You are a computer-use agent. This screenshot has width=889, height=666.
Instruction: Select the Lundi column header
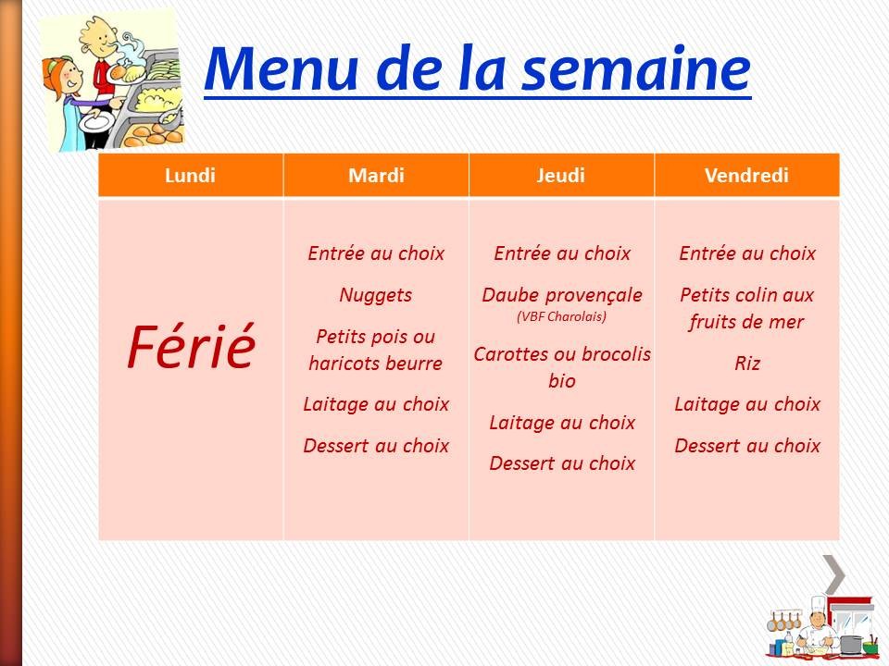tap(190, 176)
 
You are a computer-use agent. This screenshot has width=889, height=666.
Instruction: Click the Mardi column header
tap(376, 176)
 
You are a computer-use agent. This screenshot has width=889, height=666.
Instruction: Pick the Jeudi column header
tap(561, 176)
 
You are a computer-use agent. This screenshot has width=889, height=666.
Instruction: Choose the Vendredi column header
tap(746, 176)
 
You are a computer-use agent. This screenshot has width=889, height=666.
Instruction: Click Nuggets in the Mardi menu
tap(376, 295)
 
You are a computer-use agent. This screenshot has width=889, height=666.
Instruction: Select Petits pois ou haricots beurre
tap(376, 350)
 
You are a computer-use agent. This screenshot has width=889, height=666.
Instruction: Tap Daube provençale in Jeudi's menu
tap(561, 295)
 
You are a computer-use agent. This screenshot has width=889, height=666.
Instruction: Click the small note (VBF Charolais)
tap(561, 316)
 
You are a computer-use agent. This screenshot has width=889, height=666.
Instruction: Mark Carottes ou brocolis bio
tap(561, 367)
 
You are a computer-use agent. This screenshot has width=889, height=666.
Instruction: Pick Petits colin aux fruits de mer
tap(746, 308)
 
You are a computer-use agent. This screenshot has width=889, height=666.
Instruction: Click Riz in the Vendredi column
tap(746, 364)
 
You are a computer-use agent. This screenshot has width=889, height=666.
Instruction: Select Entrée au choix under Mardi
tap(376, 253)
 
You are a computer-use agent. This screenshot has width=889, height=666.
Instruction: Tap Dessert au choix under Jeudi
tap(561, 463)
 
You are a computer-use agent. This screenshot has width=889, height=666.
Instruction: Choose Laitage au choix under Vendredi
tap(746, 404)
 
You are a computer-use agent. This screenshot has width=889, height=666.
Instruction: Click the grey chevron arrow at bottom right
tap(835, 574)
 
